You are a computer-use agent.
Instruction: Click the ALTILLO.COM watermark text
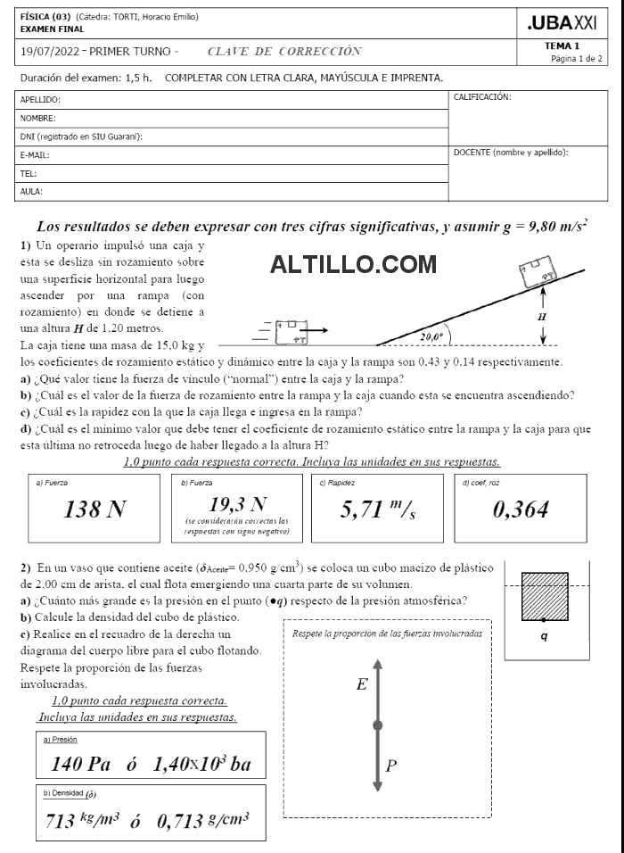(353, 265)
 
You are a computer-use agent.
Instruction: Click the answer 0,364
(521, 509)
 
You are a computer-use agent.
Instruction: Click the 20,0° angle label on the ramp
(431, 337)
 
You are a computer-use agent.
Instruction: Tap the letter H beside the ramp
(542, 316)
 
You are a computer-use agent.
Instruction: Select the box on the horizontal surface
(291, 331)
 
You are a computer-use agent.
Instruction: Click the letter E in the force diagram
(361, 685)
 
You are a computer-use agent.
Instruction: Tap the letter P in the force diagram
(391, 765)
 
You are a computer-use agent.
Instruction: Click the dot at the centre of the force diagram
(378, 725)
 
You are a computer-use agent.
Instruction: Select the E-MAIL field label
(35, 154)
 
